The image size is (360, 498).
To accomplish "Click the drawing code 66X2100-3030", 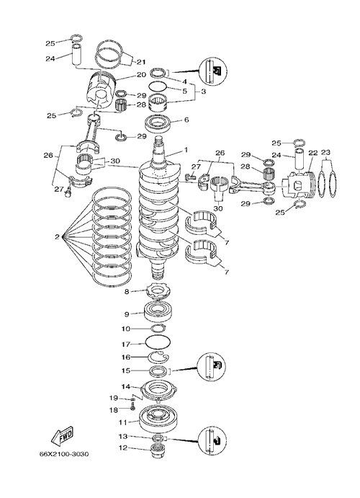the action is pyautogui.click(x=64, y=454).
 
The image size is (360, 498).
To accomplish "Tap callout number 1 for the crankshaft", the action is pyautogui.click(x=186, y=149).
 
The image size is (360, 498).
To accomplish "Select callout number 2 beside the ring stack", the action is pyautogui.click(x=57, y=236).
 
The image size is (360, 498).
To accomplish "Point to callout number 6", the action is pyautogui.click(x=186, y=120).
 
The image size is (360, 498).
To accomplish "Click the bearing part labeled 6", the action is pyautogui.click(x=158, y=123).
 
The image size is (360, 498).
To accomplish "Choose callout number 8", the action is pyautogui.click(x=127, y=291).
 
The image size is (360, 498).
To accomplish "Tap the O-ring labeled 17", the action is pyautogui.click(x=158, y=342).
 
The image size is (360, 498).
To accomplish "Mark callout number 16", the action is pyautogui.click(x=126, y=357).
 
